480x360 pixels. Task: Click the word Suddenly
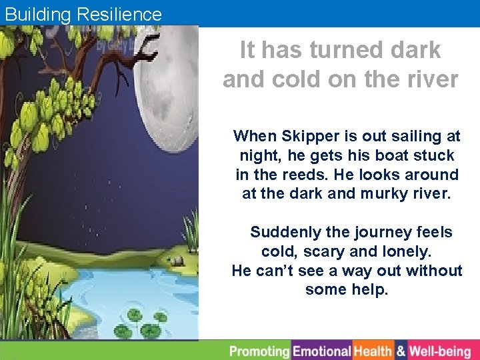285,233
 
